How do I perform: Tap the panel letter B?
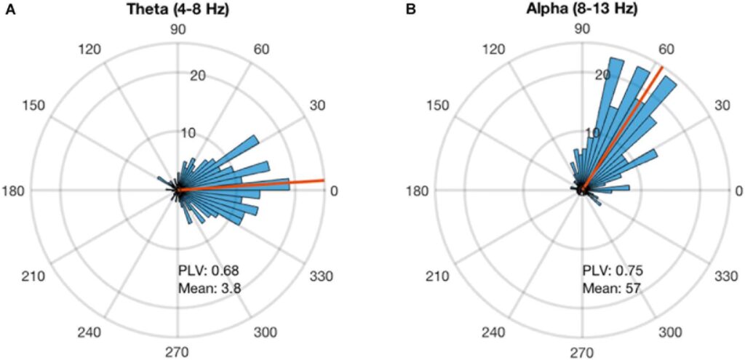[411, 9]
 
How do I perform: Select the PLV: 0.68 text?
[204, 271]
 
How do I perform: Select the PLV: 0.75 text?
[608, 271]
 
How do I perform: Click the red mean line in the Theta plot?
[291, 182]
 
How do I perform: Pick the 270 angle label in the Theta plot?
[178, 353]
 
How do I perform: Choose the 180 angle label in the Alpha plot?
[419, 191]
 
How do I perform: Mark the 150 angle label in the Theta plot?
[34, 106]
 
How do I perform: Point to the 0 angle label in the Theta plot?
[334, 191]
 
